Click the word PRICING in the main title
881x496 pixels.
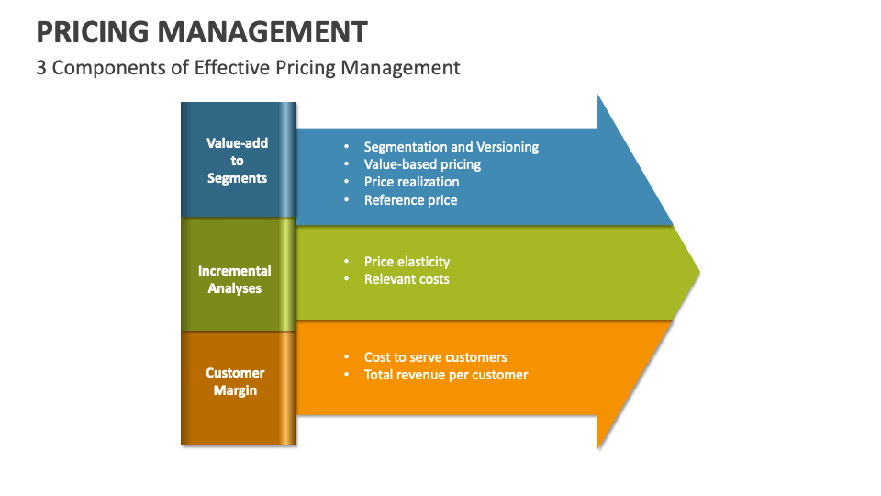[93, 32]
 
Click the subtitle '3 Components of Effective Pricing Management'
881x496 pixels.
[248, 67]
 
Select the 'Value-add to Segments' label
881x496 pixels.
[237, 161]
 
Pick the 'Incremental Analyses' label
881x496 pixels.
[235, 279]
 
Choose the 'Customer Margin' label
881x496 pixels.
[235, 381]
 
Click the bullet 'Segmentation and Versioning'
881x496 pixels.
[451, 147]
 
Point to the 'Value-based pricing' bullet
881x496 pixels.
[422, 164]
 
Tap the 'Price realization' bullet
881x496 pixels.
[411, 182]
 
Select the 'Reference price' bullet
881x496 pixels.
[410, 199]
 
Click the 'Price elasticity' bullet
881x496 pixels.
[407, 262]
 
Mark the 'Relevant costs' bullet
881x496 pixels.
[407, 279]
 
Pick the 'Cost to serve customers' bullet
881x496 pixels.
[435, 357]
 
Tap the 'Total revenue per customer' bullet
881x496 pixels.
[446, 375]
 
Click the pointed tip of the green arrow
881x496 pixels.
[698, 272]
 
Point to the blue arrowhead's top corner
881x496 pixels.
[598, 96]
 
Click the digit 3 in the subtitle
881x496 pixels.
[41, 67]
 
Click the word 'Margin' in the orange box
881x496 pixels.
[236, 390]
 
